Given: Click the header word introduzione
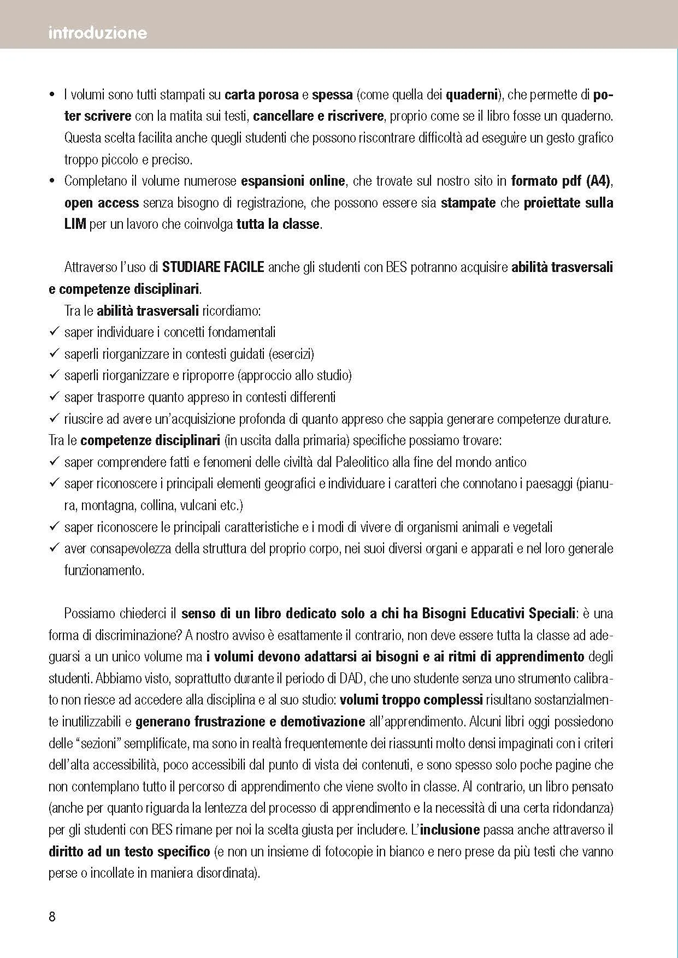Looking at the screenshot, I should click(97, 33).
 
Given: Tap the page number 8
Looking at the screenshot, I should click(52, 916).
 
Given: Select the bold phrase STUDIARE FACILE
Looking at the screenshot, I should click(213, 267).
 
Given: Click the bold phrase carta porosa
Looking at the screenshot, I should click(261, 94).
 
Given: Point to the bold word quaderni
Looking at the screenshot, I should click(471, 94).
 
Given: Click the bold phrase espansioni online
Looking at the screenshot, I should click(293, 181).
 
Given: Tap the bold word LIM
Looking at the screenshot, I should click(75, 224).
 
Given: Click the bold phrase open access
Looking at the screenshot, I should click(102, 203).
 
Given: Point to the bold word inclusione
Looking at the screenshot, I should click(450, 830).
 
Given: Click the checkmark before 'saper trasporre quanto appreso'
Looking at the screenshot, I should click(54, 397).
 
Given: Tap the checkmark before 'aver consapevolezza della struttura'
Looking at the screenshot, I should click(54, 548).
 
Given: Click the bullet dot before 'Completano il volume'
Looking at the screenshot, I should click(52, 181).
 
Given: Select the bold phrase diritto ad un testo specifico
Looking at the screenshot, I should click(129, 851).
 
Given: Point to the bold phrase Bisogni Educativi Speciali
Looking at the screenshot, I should click(498, 613).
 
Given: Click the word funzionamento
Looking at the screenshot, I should click(104, 570).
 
